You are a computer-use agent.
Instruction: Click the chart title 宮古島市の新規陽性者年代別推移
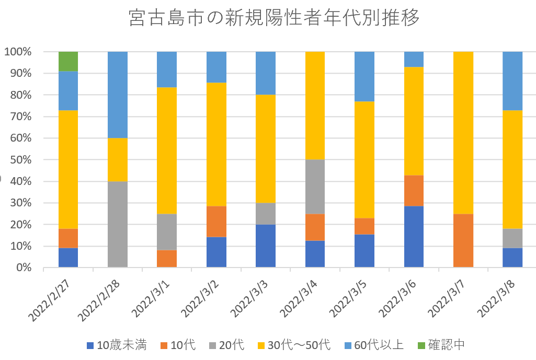click(274, 19)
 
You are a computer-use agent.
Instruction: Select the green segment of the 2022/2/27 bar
click(68, 61)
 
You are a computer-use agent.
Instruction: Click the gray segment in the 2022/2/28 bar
click(118, 224)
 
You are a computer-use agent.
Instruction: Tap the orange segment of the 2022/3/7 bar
click(463, 240)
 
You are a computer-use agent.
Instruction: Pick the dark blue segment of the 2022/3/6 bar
click(414, 236)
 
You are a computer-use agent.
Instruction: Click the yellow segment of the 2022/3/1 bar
click(167, 150)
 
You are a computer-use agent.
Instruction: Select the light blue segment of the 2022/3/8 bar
click(512, 80)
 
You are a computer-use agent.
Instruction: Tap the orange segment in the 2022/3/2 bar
click(216, 222)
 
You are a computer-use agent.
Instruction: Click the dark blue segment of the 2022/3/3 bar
click(266, 246)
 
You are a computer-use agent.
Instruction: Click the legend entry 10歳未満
click(117, 345)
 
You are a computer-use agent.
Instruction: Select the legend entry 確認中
click(440, 345)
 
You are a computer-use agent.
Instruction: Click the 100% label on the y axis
click(19, 52)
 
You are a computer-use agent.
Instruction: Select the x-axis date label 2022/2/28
click(102, 298)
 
